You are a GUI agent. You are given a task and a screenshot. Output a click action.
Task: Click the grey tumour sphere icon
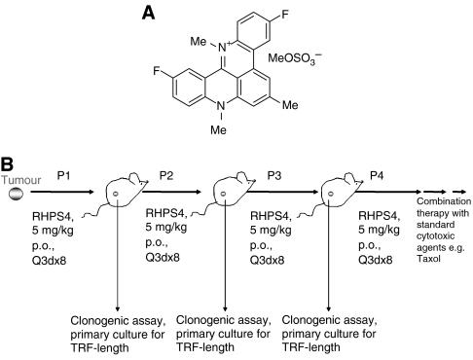click(x=14, y=194)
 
